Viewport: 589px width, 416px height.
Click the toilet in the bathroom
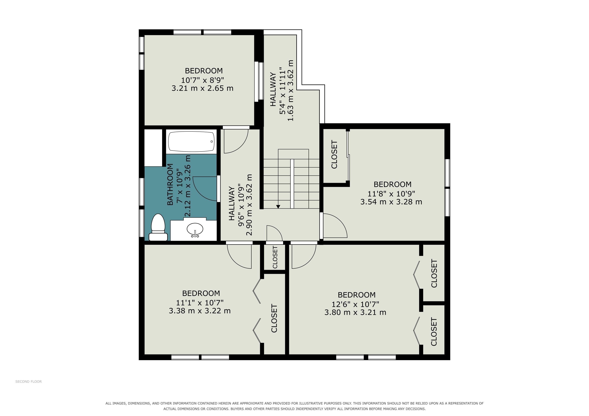(158, 227)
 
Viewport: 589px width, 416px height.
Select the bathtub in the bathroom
(191, 141)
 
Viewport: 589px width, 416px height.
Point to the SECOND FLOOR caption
(28, 381)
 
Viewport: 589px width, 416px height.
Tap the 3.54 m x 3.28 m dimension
(391, 202)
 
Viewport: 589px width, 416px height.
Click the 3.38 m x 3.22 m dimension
(200, 311)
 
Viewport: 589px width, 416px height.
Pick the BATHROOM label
(170, 184)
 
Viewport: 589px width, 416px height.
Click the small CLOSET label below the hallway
(275, 257)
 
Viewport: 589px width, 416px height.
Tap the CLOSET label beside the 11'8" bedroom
(334, 154)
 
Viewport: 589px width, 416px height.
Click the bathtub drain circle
(212, 141)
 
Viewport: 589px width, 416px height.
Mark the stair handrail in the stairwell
(292, 184)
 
